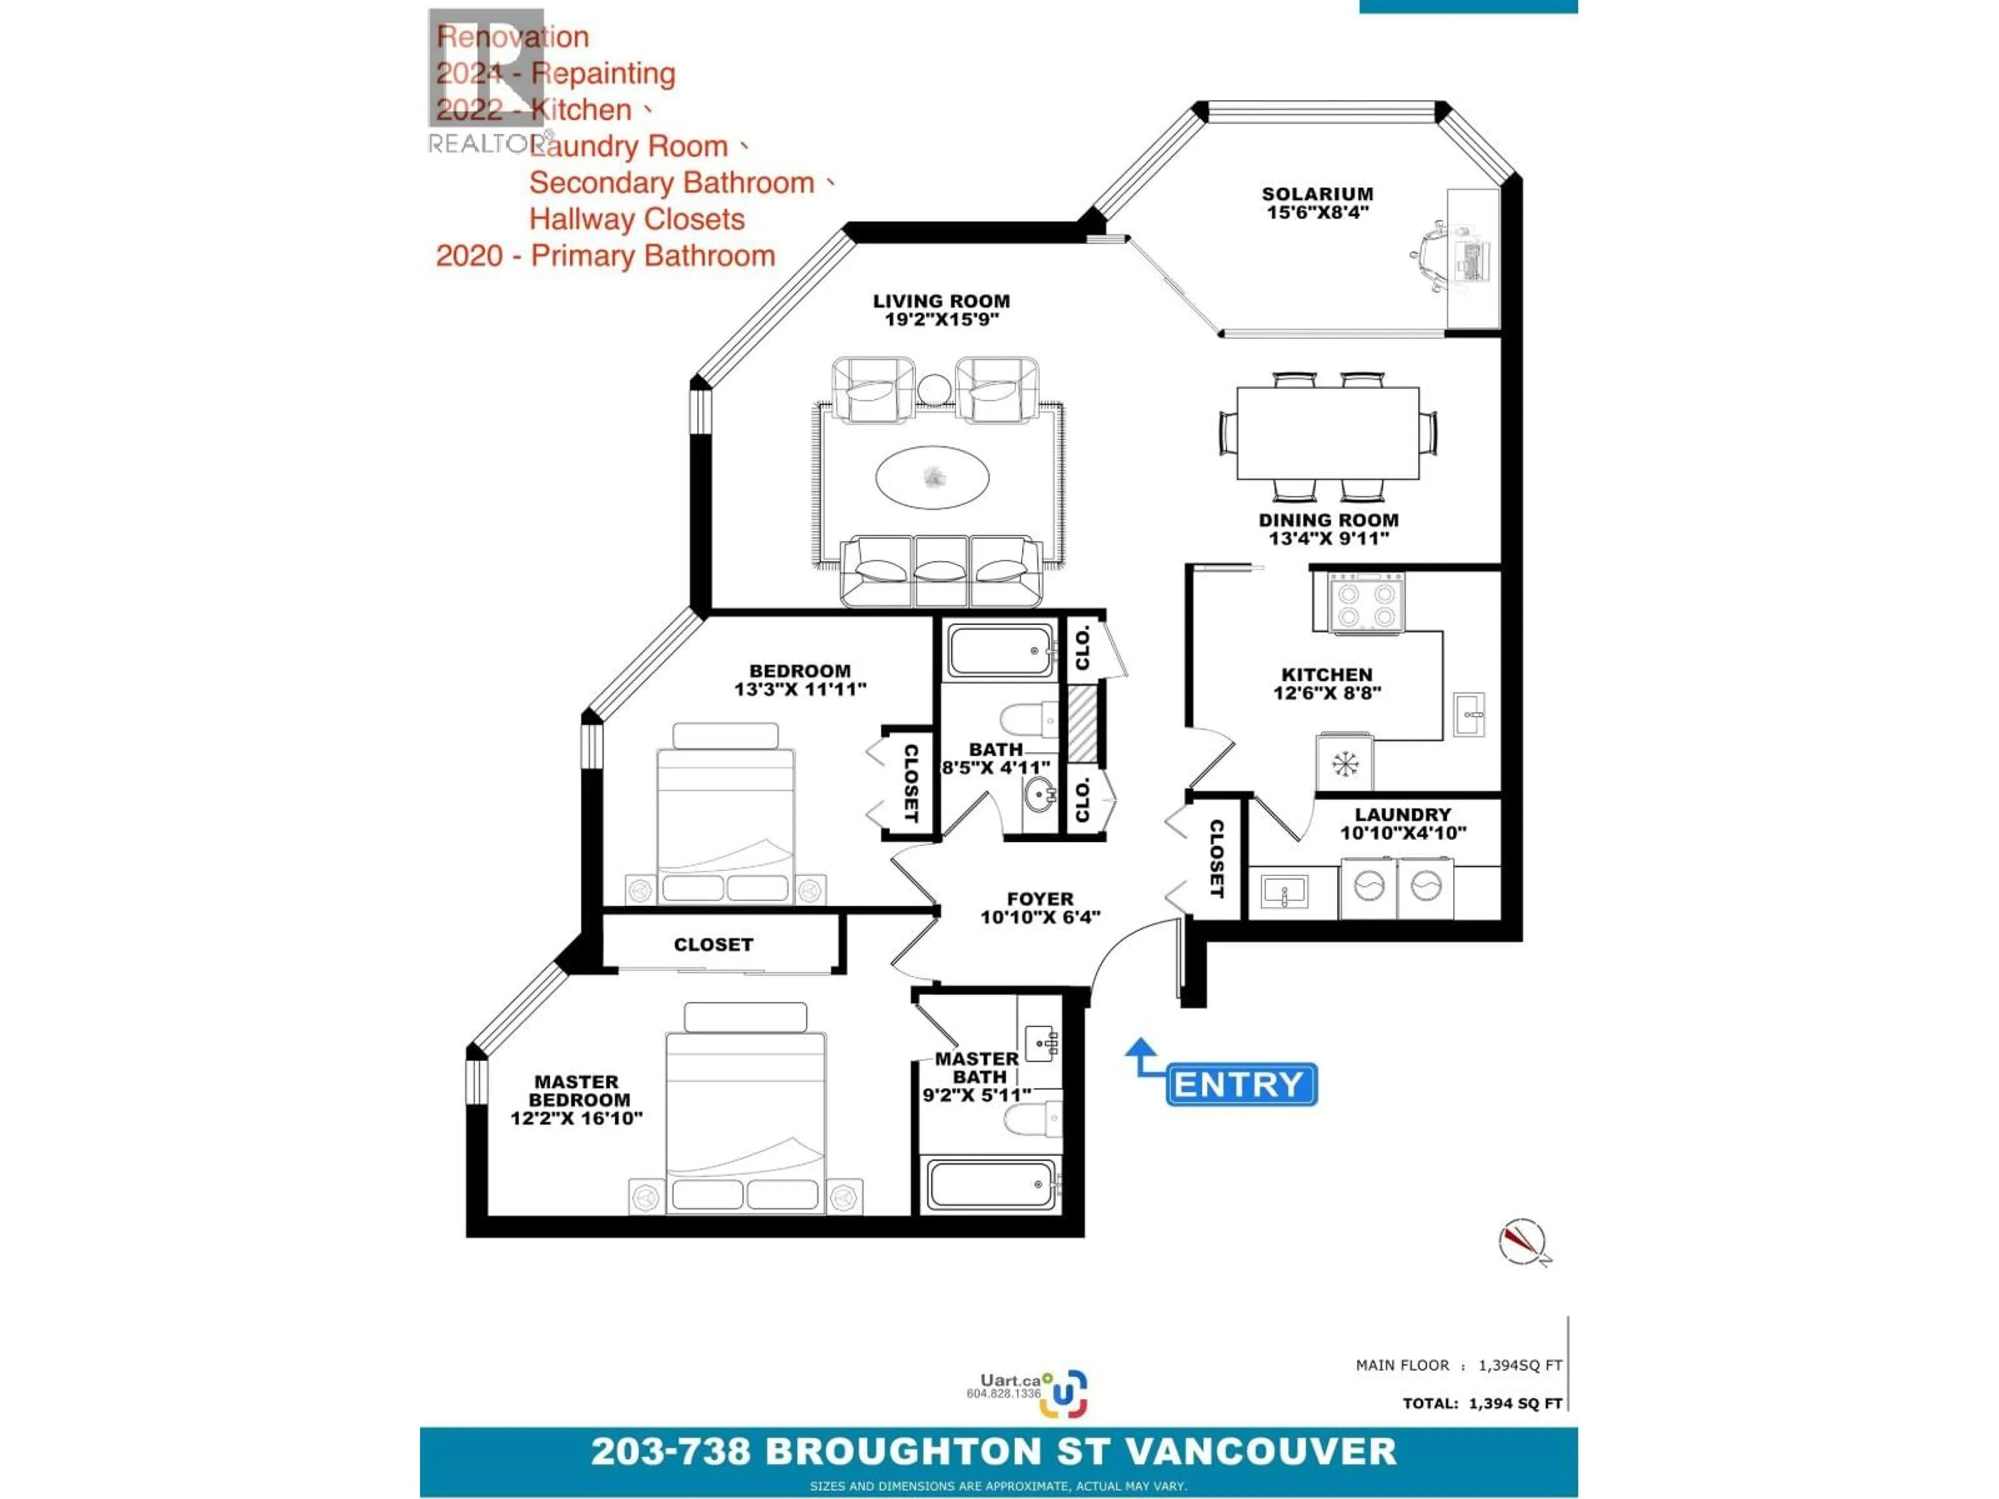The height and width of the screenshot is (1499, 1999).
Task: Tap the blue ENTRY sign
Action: [x=1241, y=1084]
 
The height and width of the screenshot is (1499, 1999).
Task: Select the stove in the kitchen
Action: [x=1367, y=604]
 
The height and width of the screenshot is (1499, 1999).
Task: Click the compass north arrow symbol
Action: [x=1522, y=1241]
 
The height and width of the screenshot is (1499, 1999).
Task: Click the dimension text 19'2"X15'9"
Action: [x=941, y=320]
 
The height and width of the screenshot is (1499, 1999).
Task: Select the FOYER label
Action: [x=1040, y=899]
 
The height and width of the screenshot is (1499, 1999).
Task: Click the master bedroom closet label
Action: [x=713, y=944]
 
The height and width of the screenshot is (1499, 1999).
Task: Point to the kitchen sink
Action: [x=1469, y=714]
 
